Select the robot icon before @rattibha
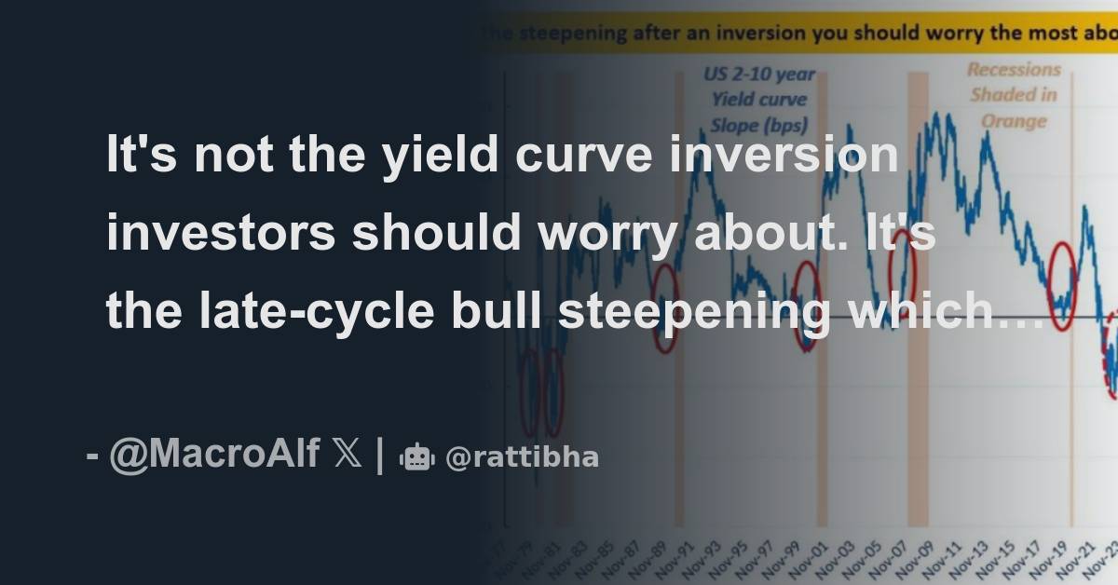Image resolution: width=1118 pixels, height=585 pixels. (416, 457)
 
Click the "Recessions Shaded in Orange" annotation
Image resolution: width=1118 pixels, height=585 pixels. (1015, 95)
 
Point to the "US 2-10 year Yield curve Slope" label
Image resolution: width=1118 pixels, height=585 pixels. (759, 99)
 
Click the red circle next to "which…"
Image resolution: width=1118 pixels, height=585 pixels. (1063, 284)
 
